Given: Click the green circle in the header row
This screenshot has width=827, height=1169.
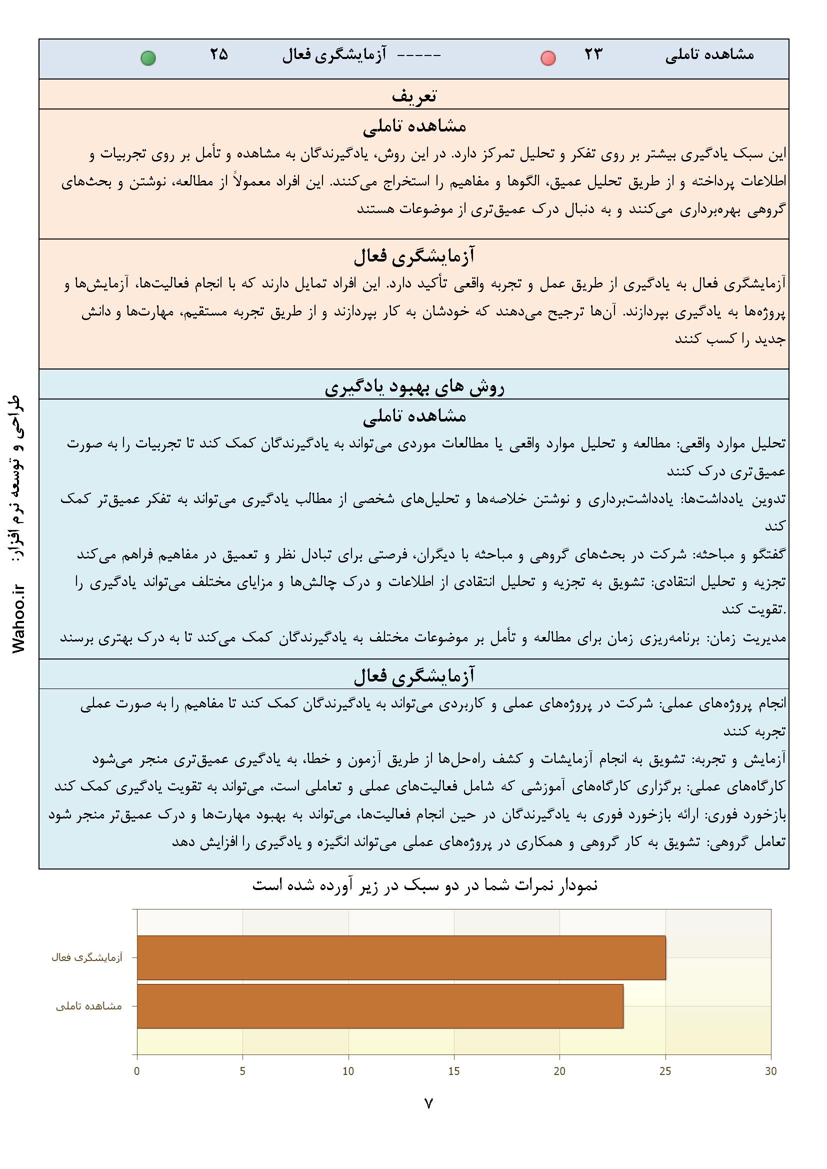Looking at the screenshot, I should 148,58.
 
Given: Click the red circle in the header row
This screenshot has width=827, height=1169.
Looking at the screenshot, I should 548,58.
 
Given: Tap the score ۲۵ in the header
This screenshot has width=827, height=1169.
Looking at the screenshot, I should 219,54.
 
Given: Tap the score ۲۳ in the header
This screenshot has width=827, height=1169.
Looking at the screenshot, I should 593,54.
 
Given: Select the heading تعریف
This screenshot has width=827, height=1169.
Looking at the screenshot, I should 413,95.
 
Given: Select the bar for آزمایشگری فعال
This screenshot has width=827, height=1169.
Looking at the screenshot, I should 401,957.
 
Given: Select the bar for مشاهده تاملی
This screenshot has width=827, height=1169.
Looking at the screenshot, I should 380,1006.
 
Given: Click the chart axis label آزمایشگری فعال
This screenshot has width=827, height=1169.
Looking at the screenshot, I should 87,957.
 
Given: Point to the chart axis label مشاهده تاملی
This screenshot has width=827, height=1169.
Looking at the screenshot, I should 89,1006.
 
